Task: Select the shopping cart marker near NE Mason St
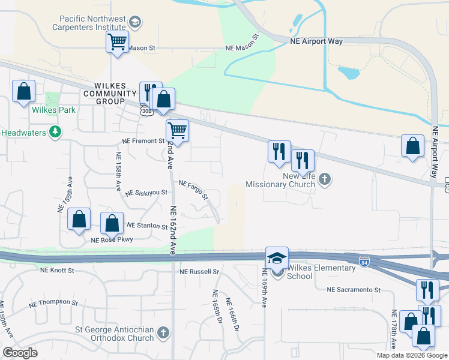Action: click(117, 43)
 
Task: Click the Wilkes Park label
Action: click(54, 110)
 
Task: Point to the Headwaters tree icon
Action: click(55, 131)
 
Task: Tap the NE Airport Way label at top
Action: click(316, 41)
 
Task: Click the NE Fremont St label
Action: click(143, 140)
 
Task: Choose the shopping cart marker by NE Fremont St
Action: click(177, 131)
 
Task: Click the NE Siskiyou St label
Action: click(146, 193)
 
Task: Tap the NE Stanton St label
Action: click(147, 226)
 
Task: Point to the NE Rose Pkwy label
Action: click(112, 240)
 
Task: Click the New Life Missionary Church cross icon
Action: click(325, 179)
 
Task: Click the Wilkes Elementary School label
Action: click(321, 272)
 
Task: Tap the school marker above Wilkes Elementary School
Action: click(277, 259)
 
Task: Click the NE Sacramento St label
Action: click(354, 290)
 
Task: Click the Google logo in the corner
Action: click(20, 353)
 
